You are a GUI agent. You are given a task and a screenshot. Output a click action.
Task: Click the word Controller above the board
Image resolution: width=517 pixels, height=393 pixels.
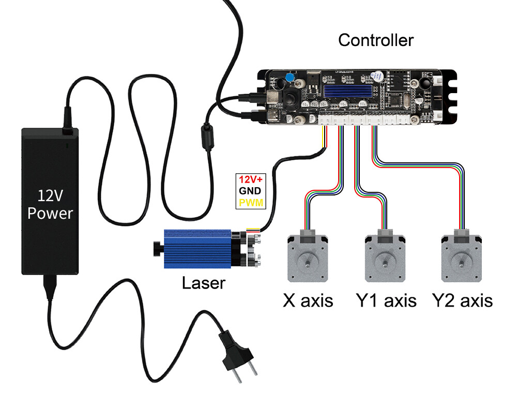tap(376, 40)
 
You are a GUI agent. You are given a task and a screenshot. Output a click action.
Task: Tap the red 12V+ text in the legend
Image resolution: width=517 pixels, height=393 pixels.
tap(250, 179)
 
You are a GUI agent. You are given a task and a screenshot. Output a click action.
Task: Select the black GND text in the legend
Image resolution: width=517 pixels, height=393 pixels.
tap(250, 191)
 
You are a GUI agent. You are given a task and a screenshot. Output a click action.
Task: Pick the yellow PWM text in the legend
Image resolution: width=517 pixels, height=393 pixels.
tap(250, 202)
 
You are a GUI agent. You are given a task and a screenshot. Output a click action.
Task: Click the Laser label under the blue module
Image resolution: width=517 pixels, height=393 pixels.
tap(204, 283)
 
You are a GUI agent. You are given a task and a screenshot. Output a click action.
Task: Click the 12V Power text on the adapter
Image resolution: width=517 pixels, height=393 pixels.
tap(50, 204)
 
